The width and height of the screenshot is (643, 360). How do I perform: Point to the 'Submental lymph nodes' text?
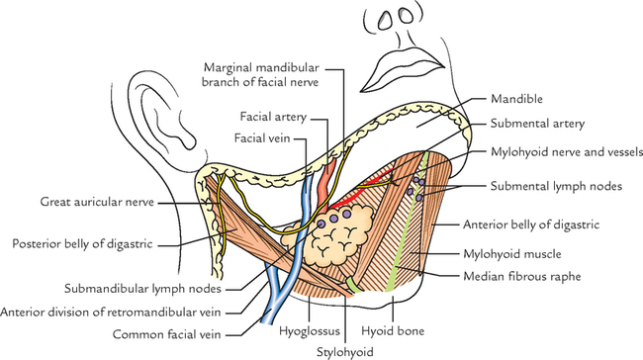(552, 186)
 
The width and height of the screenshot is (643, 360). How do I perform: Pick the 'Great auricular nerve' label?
(100, 202)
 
